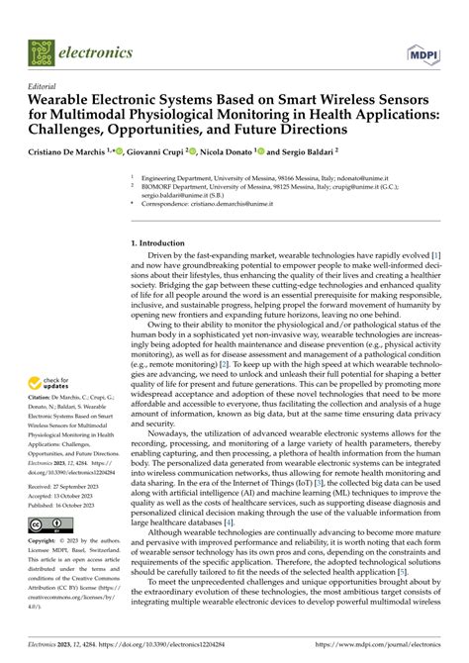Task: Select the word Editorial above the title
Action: click(x=46, y=87)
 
